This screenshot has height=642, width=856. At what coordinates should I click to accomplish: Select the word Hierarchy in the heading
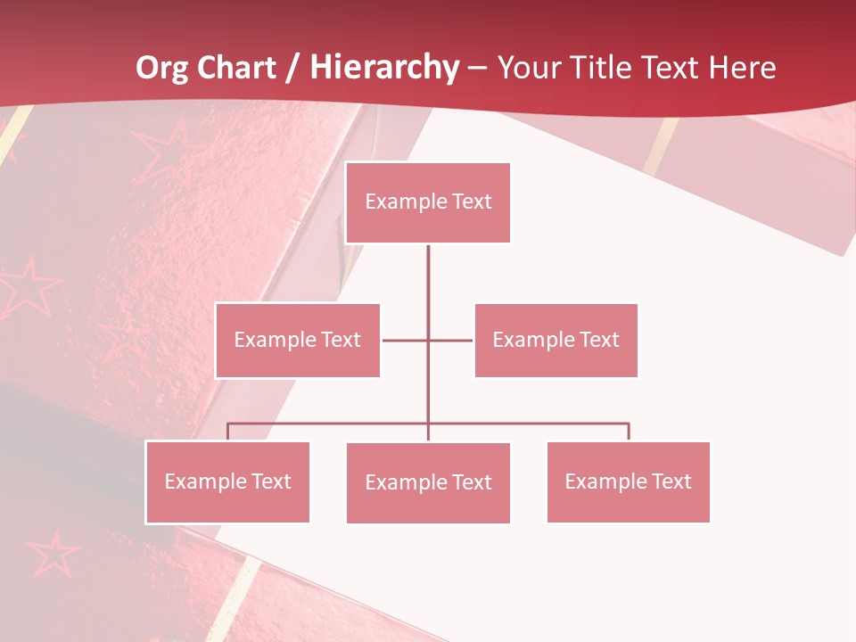point(384,68)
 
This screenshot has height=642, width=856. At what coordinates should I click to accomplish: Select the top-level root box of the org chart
point(428,202)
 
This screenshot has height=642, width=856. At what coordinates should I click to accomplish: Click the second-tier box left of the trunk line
point(298,340)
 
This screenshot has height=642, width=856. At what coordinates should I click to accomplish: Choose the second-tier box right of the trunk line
point(556,340)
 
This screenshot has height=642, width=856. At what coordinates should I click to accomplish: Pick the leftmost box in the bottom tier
point(227,481)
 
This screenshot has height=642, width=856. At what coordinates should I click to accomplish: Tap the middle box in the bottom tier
point(428,482)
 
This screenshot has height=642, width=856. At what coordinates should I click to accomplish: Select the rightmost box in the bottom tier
point(628,481)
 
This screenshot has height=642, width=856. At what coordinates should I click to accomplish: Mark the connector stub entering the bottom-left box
point(227,432)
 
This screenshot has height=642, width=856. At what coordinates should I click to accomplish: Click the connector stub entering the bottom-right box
point(629,432)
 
